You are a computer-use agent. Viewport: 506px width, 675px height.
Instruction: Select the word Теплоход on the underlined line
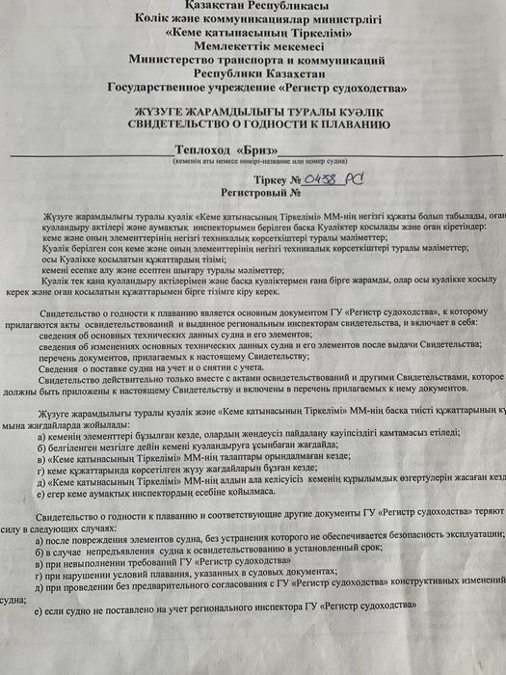pyautogui.click(x=203, y=149)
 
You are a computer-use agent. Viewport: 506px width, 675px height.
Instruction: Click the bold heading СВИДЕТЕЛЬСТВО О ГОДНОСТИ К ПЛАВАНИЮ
pyautogui.click(x=253, y=125)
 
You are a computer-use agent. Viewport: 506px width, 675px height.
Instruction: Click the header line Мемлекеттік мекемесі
pyautogui.click(x=253, y=44)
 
